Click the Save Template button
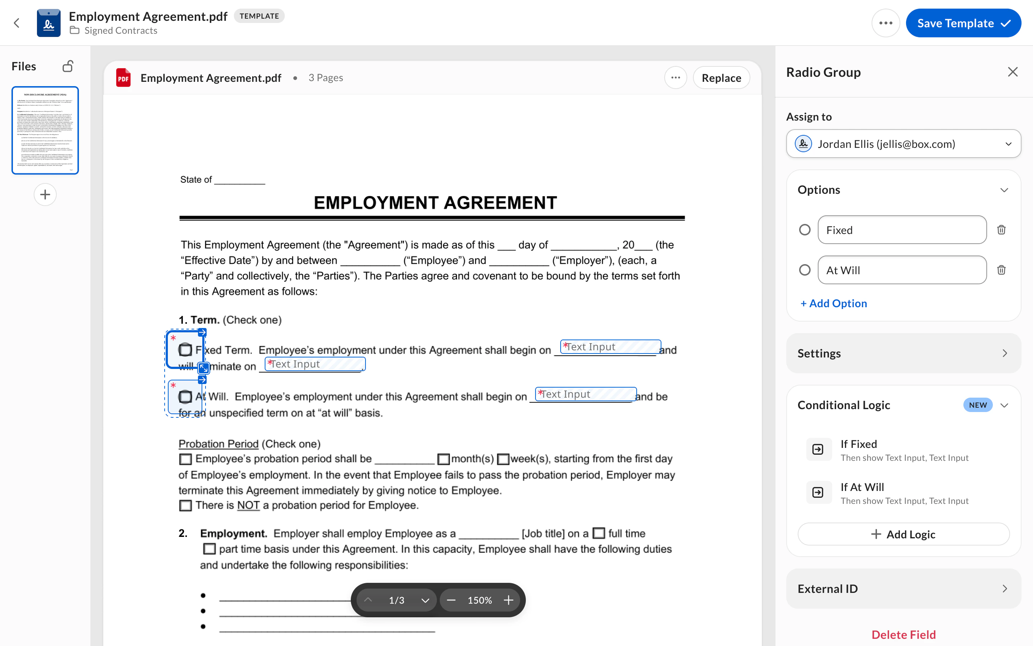point(963,23)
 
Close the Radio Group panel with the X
point(1013,72)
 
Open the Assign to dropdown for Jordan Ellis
point(903,144)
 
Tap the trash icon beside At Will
point(1001,270)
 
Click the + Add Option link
point(833,303)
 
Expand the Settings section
point(903,354)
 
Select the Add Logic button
point(903,534)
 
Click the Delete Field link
point(903,635)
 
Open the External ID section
point(903,589)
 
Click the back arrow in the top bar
point(16,23)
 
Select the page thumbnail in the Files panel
point(45,130)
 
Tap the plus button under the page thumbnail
point(45,195)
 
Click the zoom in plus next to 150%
point(508,600)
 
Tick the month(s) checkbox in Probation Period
point(443,459)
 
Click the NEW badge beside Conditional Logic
point(977,405)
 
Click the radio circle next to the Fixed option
point(805,230)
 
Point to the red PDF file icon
point(123,78)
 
